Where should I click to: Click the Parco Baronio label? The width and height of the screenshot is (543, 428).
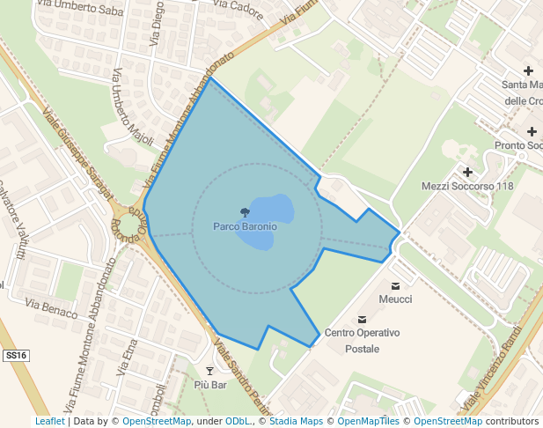pos(245,226)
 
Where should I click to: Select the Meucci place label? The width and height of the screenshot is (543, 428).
pos(395,299)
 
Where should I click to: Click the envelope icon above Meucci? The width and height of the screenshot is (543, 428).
pos(395,285)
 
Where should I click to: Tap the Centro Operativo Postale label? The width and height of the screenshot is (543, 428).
pos(362,341)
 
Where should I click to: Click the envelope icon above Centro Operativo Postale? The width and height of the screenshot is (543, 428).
pos(362,320)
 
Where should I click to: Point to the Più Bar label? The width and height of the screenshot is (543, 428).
pos(210,385)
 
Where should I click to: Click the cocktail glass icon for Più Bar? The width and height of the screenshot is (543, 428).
pos(209,371)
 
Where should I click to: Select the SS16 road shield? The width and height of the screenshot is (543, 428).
pos(16,356)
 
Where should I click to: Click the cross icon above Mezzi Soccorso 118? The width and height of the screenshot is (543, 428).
pos(467,172)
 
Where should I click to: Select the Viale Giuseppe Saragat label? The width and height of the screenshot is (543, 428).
pos(78,151)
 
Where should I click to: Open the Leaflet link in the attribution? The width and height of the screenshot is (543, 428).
pos(49,421)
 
